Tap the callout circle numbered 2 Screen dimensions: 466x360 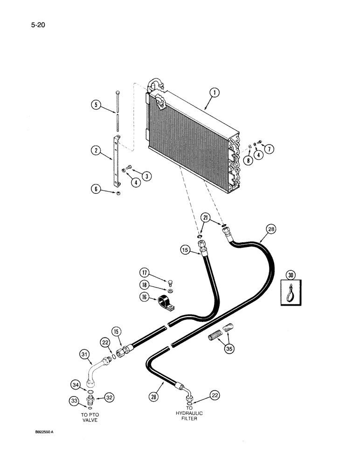tap(96, 151)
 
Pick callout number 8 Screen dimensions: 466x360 tap(247, 161)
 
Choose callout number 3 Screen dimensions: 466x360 tap(147, 176)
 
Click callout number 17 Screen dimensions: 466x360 tap(145, 273)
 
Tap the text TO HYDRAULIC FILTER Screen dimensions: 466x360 tap(189, 413)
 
